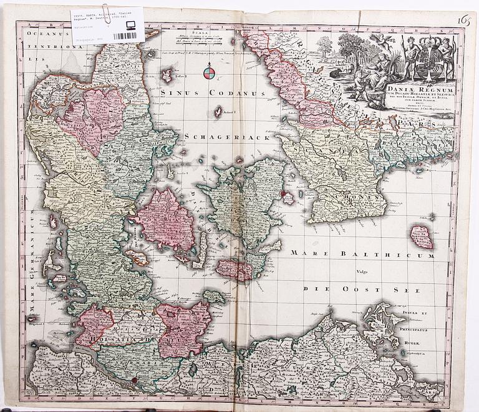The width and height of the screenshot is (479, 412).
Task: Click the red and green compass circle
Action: (209, 74)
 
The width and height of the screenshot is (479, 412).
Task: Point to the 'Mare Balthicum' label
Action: (362, 254)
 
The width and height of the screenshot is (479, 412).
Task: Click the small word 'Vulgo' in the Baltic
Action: (362, 272)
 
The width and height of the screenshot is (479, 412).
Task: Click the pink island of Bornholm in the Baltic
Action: (422, 237)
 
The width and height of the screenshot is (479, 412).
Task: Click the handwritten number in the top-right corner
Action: (463, 21)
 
